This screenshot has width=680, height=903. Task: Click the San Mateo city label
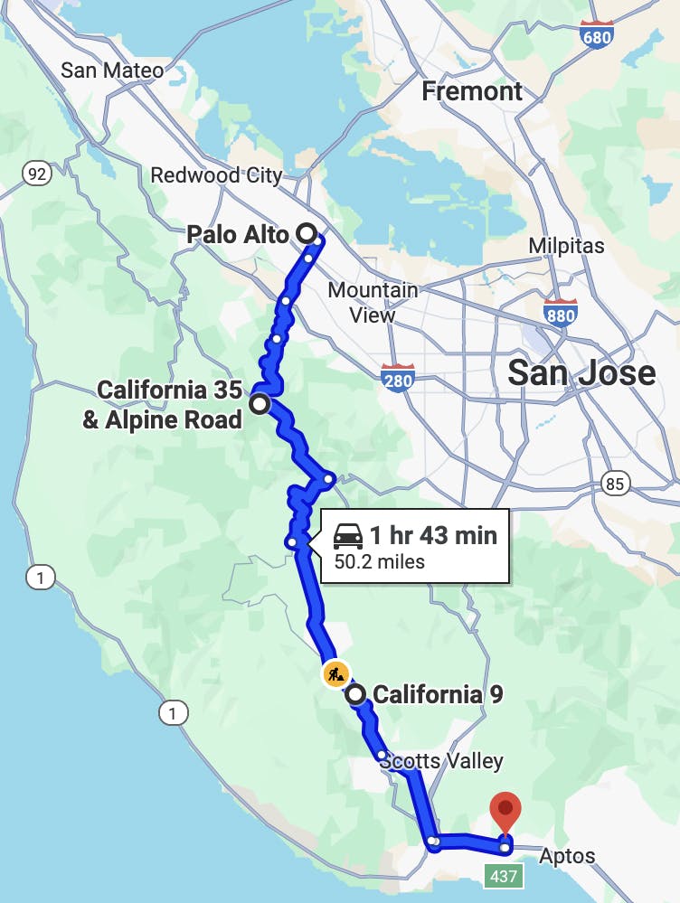(112, 71)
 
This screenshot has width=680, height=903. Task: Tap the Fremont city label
(472, 91)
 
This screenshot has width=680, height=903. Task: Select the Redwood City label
(216, 174)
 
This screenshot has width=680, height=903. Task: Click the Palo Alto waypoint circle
(307, 234)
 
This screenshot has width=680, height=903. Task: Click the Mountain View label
(373, 303)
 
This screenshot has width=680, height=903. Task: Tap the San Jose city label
(581, 372)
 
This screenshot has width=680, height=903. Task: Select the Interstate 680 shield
(597, 33)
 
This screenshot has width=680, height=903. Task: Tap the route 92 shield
(37, 174)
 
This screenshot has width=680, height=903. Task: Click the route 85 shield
(615, 484)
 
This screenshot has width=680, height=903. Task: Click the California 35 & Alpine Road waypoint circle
(260, 404)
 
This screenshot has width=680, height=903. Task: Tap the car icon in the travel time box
(348, 536)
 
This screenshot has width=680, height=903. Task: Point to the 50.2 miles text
(380, 562)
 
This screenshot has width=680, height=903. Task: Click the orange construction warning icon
(335, 673)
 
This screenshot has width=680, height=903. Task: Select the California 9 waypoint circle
(356, 694)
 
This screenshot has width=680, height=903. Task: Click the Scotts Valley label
(441, 761)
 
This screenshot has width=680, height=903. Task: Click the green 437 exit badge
(504, 875)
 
